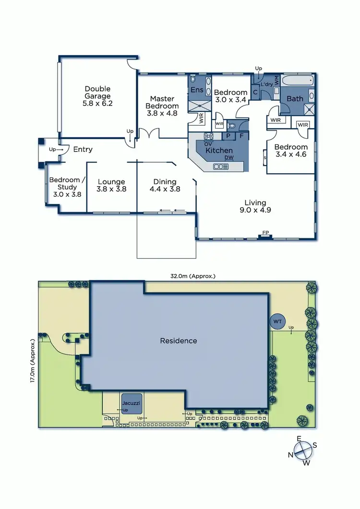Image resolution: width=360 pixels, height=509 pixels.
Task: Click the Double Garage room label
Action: [97, 95]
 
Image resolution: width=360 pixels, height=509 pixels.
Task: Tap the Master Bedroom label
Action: [163, 106]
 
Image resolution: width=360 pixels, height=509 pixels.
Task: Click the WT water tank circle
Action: [277, 321]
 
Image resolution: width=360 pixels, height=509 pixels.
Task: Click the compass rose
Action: [302, 451]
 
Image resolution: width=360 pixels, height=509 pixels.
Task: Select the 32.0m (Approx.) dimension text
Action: [193, 276]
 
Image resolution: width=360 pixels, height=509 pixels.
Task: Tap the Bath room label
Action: [295, 99]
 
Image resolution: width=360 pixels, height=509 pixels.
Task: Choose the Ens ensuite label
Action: [197, 90]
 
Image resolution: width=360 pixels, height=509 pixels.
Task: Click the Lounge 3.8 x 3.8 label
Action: [111, 185]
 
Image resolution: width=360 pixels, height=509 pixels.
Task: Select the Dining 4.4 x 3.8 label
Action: [165, 185]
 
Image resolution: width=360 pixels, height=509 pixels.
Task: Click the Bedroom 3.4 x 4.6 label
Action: [291, 151]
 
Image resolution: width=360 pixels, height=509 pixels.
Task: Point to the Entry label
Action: [83, 149]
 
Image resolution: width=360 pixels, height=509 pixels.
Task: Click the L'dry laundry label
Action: [266, 84]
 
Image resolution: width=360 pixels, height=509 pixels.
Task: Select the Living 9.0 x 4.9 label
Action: [255, 206]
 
